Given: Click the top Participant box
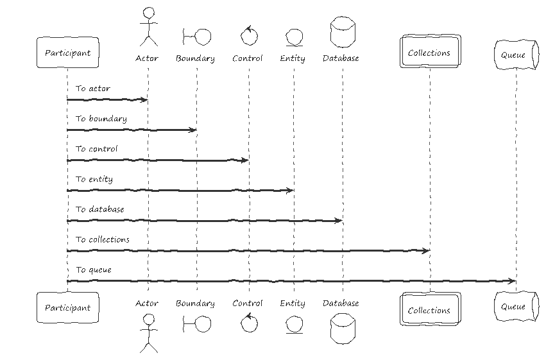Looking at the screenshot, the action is (x=67, y=53).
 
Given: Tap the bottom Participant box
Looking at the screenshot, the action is (x=67, y=308).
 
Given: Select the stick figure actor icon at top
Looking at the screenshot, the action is (x=149, y=27).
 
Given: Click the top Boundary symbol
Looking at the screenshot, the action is (x=197, y=37).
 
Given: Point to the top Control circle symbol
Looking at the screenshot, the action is (x=249, y=36).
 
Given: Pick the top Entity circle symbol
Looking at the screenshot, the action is (x=294, y=38).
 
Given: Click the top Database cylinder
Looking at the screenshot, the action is (x=343, y=31).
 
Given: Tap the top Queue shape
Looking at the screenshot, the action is (x=516, y=55).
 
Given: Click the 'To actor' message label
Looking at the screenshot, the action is (x=93, y=89).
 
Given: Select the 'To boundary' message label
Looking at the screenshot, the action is (x=101, y=119).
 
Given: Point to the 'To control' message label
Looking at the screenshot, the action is (x=97, y=149).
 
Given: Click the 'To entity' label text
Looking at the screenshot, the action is (x=94, y=179).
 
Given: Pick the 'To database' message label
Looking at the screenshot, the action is (x=100, y=209).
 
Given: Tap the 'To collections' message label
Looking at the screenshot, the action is (x=103, y=239).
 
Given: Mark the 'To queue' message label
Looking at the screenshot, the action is (x=94, y=270).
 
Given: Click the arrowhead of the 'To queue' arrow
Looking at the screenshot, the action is (x=513, y=281).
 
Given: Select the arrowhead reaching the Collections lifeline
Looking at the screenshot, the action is (x=426, y=251).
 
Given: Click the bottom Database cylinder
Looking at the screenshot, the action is (x=343, y=329).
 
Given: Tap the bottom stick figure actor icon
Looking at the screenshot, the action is (x=149, y=333).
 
